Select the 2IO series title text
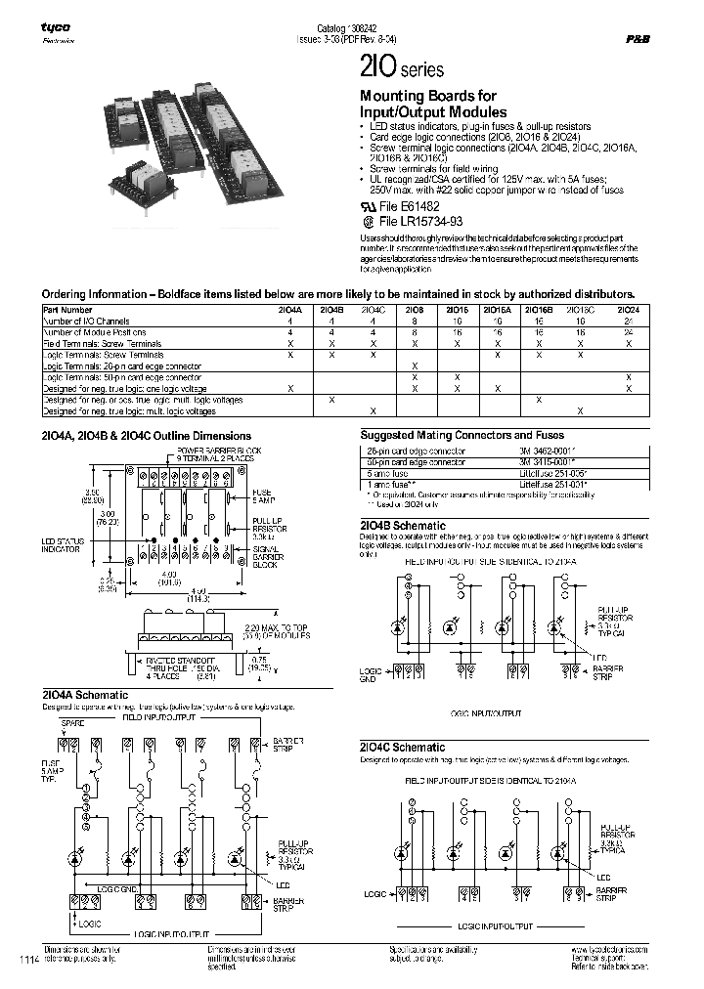(403, 69)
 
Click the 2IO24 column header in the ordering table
(630, 310)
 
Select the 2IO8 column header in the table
(415, 310)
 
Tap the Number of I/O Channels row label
(86, 321)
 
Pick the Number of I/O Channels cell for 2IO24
(630, 321)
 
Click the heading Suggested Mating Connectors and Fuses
(462, 435)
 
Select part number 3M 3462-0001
(537, 449)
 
